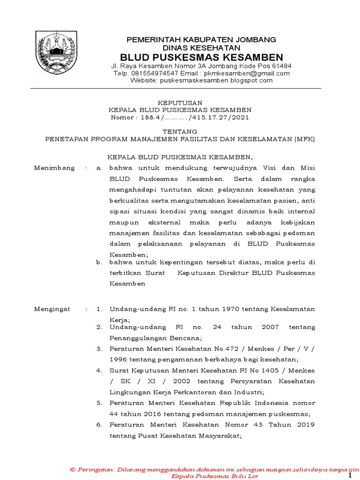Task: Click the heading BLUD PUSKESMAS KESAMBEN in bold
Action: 202,57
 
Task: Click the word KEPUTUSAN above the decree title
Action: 180,103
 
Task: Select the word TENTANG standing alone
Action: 180,131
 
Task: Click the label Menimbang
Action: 52,167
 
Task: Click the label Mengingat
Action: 52,309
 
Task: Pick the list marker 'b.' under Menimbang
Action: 99,262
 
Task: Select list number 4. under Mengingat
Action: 99,370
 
